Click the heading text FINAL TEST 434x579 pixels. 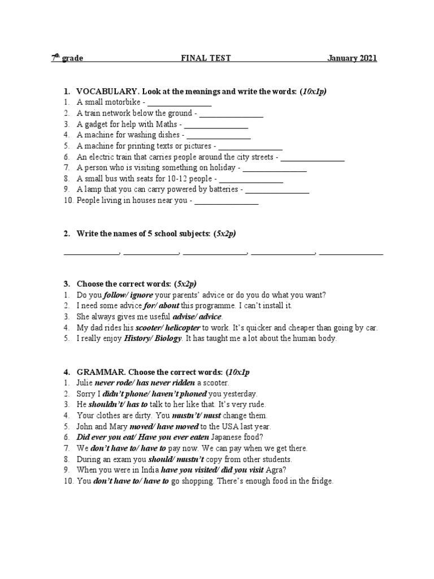205,58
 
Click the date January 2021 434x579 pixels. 351,58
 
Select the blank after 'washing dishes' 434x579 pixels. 218,136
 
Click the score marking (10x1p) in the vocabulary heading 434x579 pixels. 314,92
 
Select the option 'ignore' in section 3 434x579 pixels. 141,295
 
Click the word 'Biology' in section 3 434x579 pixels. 167,339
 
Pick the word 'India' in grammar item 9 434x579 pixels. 149,470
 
